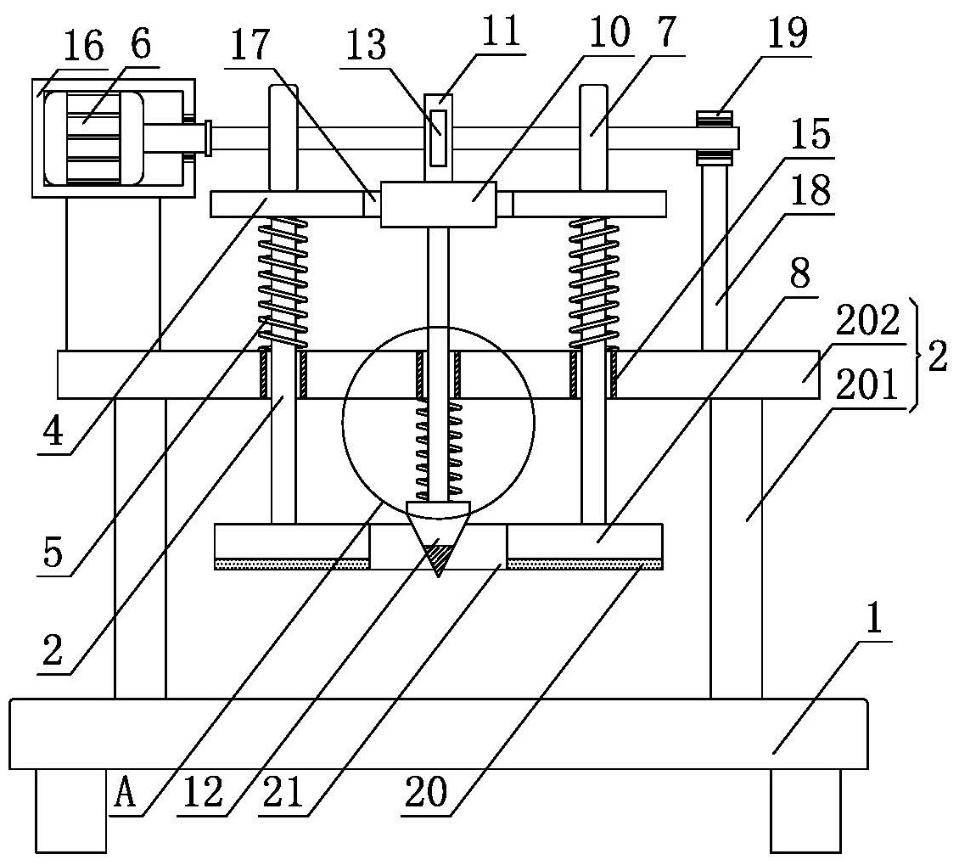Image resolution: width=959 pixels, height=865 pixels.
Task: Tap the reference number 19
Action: (x=787, y=37)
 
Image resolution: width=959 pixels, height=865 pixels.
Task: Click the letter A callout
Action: (x=125, y=794)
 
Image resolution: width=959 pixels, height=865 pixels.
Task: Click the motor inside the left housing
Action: (x=93, y=138)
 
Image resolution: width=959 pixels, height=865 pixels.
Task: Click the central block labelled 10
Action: (x=437, y=204)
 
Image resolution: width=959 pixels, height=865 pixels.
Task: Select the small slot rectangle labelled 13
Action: (x=437, y=137)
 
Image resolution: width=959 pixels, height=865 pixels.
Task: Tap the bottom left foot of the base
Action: (x=70, y=810)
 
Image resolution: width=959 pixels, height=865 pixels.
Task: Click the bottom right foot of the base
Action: (x=805, y=810)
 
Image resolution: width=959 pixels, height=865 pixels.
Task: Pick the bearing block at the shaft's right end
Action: (x=715, y=137)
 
